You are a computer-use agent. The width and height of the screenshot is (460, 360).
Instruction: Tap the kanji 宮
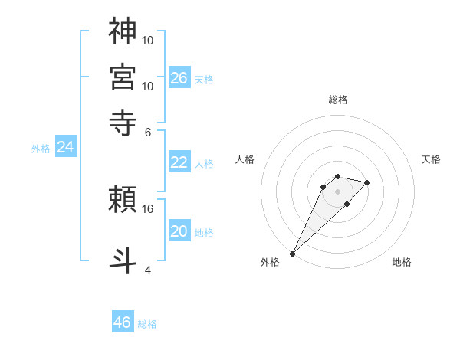pyautogui.click(x=123, y=77)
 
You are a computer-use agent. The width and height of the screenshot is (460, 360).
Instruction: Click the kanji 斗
pyautogui.click(x=123, y=258)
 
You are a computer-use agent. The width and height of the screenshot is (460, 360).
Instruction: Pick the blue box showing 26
pyautogui.click(x=179, y=77)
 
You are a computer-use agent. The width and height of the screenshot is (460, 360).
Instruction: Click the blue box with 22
pyautogui.click(x=179, y=162)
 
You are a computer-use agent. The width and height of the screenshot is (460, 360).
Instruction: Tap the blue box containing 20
pyautogui.click(x=179, y=231)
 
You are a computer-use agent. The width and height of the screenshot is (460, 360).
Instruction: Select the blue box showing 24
pyautogui.click(x=65, y=147)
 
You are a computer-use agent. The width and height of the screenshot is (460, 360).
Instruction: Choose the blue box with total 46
pyautogui.click(x=123, y=322)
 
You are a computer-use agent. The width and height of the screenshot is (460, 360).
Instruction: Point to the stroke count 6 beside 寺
pyautogui.click(x=148, y=131)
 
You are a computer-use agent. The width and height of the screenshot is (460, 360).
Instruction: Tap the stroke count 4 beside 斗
pyautogui.click(x=148, y=269)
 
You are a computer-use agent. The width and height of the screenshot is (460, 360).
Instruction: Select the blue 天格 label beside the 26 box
pyautogui.click(x=204, y=80)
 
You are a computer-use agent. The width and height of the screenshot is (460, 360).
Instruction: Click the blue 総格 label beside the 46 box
pyautogui.click(x=147, y=324)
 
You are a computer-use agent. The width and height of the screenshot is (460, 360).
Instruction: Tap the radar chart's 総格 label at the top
pyautogui.click(x=337, y=100)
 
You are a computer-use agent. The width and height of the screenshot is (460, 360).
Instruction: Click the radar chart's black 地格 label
pyautogui.click(x=402, y=262)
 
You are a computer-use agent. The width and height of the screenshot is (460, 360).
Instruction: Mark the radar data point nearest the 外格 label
pyautogui.click(x=292, y=253)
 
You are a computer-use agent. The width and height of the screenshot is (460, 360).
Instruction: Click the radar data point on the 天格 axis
pyautogui.click(x=367, y=182)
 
